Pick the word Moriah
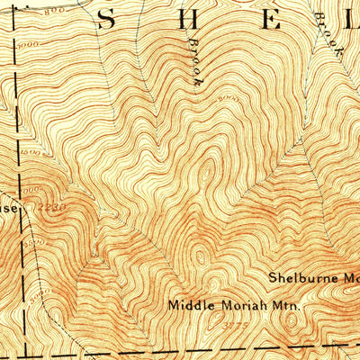[x=239, y=306]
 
